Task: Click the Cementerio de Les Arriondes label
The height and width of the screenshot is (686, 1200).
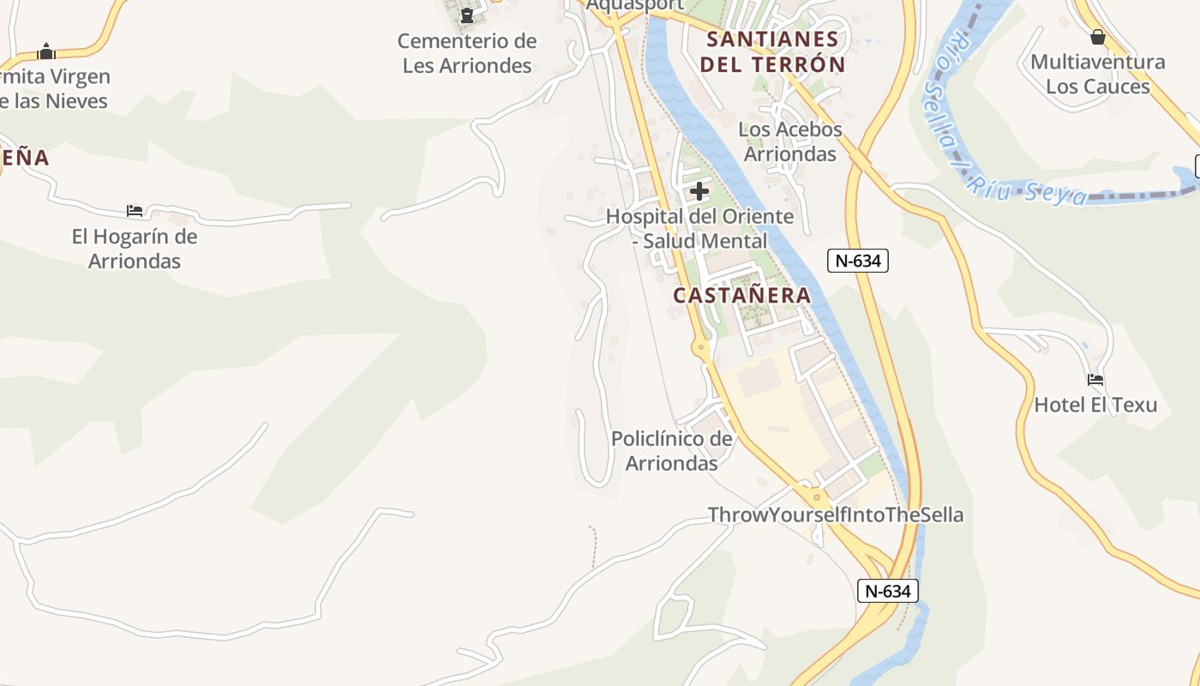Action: pyautogui.click(x=467, y=53)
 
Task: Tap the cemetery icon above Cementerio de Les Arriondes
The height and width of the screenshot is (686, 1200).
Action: pyautogui.click(x=467, y=15)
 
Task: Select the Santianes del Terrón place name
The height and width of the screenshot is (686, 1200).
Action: pyautogui.click(x=772, y=51)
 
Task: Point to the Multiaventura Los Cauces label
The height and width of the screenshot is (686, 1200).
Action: pyautogui.click(x=1098, y=74)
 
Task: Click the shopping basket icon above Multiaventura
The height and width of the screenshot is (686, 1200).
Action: pyautogui.click(x=1098, y=37)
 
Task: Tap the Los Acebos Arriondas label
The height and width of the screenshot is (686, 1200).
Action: pyautogui.click(x=790, y=141)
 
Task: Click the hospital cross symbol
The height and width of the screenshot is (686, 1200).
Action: pyautogui.click(x=699, y=191)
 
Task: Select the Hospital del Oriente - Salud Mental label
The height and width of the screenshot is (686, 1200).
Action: pyautogui.click(x=700, y=229)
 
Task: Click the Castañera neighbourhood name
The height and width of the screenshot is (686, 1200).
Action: pyautogui.click(x=741, y=295)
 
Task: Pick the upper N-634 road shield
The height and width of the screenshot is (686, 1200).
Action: pyautogui.click(x=857, y=261)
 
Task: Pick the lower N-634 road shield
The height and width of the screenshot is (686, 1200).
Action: pyautogui.click(x=888, y=590)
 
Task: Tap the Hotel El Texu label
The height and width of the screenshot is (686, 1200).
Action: pyautogui.click(x=1095, y=405)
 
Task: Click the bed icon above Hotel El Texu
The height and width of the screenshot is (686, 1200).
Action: pyautogui.click(x=1095, y=379)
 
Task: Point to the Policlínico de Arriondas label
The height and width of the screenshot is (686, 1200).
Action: pyautogui.click(x=672, y=451)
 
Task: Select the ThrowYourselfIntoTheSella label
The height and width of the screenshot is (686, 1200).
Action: pyautogui.click(x=836, y=514)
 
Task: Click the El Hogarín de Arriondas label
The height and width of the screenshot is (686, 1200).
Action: pyautogui.click(x=135, y=249)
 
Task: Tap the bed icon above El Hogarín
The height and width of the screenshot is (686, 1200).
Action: pyautogui.click(x=135, y=210)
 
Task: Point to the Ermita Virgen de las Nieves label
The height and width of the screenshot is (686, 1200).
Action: pyautogui.click(x=53, y=88)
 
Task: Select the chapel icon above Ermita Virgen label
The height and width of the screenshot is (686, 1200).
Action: pyautogui.click(x=46, y=51)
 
